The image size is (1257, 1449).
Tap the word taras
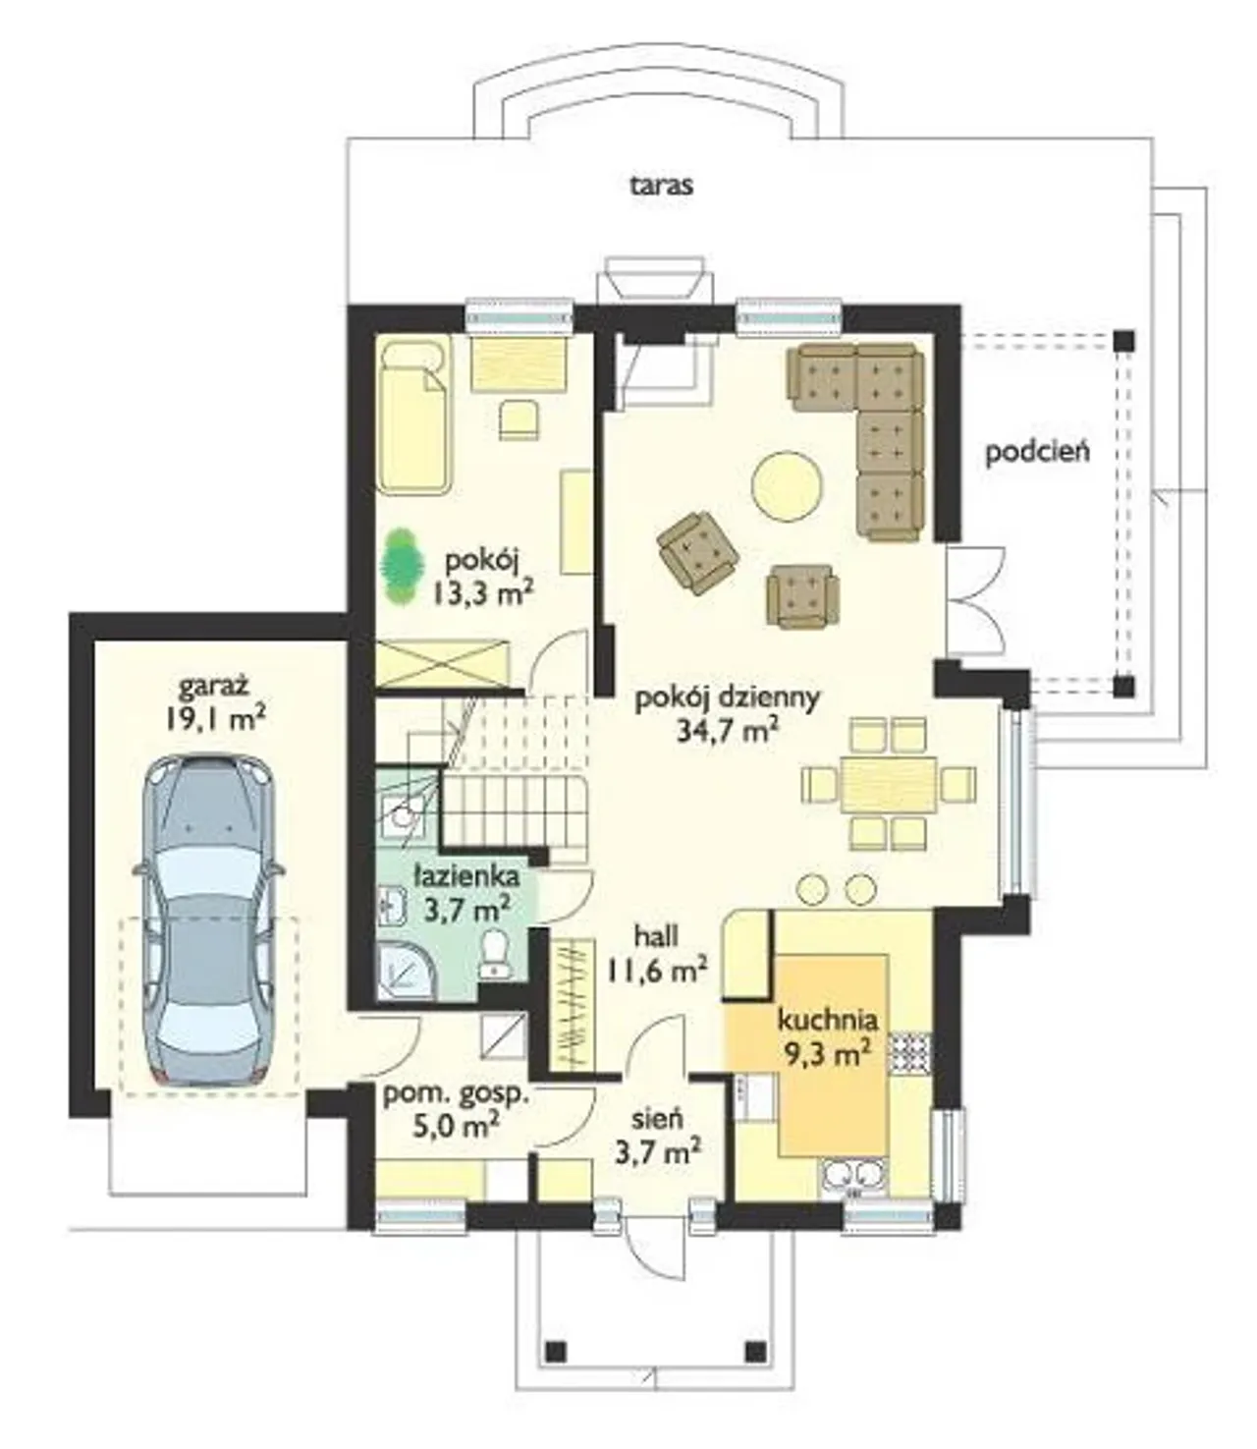[661, 186]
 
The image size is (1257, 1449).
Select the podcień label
[1037, 452]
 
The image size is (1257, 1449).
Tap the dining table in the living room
[889, 784]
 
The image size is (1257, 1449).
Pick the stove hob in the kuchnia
[910, 1052]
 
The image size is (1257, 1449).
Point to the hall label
[656, 936]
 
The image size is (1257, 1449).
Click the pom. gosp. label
[456, 1095]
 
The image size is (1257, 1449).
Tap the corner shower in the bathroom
[405, 971]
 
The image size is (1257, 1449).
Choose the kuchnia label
[828, 1021]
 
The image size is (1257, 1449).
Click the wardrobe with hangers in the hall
[570, 1003]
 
